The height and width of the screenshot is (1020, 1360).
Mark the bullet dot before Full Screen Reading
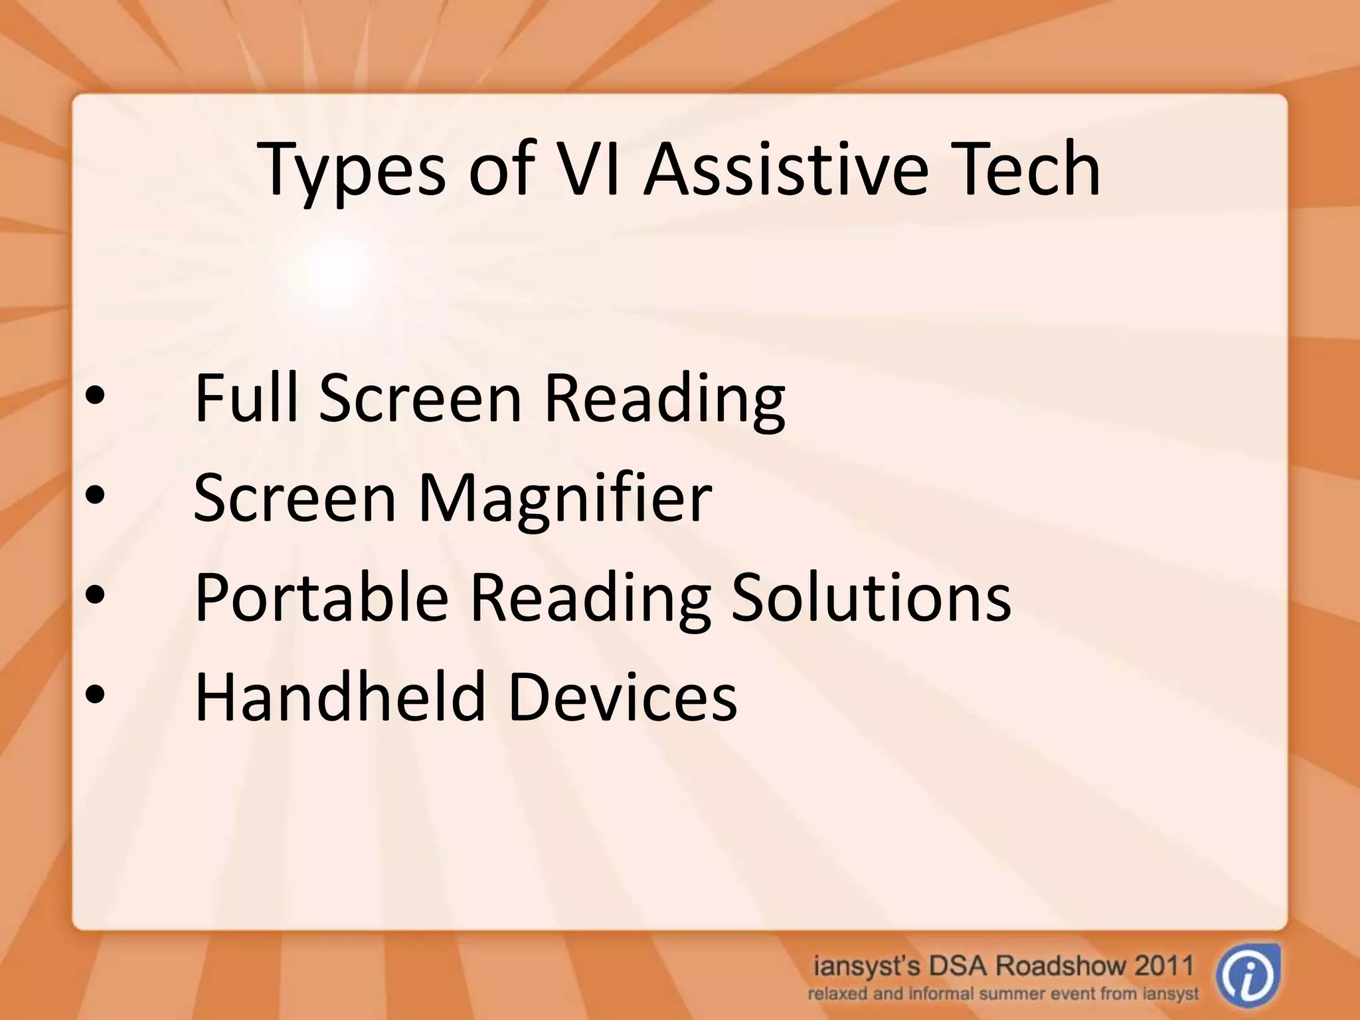tap(95, 397)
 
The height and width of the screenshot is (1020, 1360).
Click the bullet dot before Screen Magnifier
tap(95, 497)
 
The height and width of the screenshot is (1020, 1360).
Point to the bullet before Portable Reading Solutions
tap(95, 596)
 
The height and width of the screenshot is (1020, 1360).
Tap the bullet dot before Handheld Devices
tap(95, 695)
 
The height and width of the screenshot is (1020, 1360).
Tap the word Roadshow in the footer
tap(1054, 965)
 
